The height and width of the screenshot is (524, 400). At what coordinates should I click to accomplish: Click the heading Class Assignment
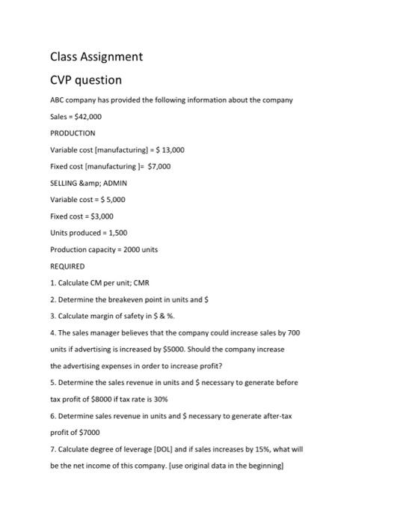click(96, 57)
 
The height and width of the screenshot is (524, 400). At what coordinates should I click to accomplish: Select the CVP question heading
click(86, 80)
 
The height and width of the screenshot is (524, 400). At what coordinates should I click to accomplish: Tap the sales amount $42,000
click(88, 116)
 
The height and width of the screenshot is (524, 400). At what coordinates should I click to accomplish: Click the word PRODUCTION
click(73, 132)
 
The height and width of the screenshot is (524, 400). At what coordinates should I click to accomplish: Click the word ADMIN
click(113, 183)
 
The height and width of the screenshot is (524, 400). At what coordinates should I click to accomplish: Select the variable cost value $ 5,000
click(109, 199)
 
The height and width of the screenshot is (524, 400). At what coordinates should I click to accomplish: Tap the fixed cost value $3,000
click(99, 216)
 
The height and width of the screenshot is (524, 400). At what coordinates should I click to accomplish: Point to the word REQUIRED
click(67, 266)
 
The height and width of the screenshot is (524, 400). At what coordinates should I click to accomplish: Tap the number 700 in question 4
click(292, 332)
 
